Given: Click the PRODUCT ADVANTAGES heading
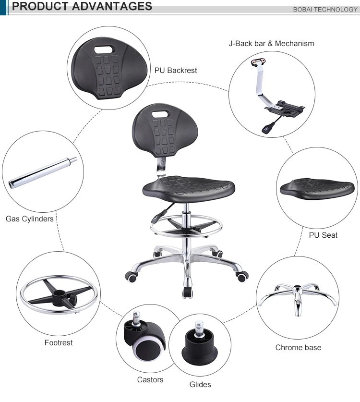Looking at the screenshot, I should [x=82, y=7].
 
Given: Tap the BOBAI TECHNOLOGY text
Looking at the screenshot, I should [x=325, y=9].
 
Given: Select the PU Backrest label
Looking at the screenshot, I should [x=176, y=70].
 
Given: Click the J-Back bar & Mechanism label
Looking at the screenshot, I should [x=271, y=43].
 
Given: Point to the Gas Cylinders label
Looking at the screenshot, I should [x=29, y=219].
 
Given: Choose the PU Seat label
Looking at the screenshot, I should [x=323, y=235].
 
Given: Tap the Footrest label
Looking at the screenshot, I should [x=59, y=342].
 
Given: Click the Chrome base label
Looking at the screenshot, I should [x=298, y=347].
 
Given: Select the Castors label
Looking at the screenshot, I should [x=150, y=379].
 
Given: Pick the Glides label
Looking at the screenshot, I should [x=200, y=384].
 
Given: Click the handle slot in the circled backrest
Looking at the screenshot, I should [x=104, y=49].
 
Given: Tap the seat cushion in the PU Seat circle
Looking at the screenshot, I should [x=317, y=187].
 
